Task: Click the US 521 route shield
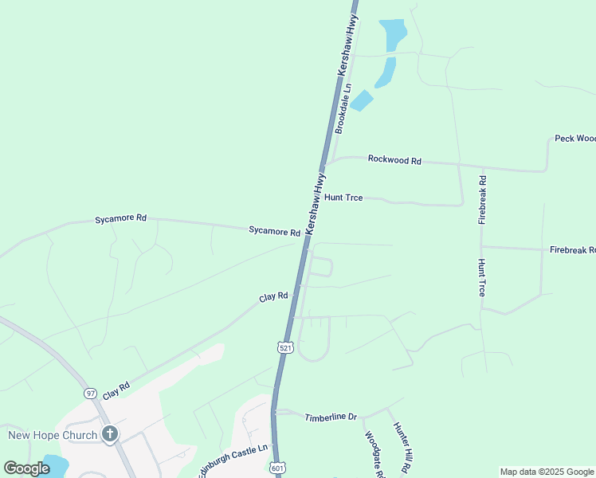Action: pyautogui.click(x=284, y=347)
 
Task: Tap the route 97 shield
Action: pyautogui.click(x=91, y=394)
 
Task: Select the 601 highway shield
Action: pyautogui.click(x=276, y=467)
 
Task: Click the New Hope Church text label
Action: pyautogui.click(x=53, y=435)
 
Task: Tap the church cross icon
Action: pyautogui.click(x=110, y=435)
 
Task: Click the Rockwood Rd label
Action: pyautogui.click(x=394, y=160)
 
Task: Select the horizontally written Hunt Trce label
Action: pyautogui.click(x=343, y=197)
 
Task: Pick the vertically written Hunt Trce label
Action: pyautogui.click(x=481, y=277)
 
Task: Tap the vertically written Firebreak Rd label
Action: pyautogui.click(x=482, y=194)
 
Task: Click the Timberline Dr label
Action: pyautogui.click(x=331, y=417)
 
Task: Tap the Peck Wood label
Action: pyautogui.click(x=574, y=139)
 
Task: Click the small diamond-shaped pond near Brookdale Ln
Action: pyautogui.click(x=362, y=100)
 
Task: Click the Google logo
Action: pyautogui.click(x=27, y=468)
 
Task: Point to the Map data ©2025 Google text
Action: pyautogui.click(x=547, y=472)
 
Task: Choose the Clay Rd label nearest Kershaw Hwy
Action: pyautogui.click(x=273, y=297)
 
